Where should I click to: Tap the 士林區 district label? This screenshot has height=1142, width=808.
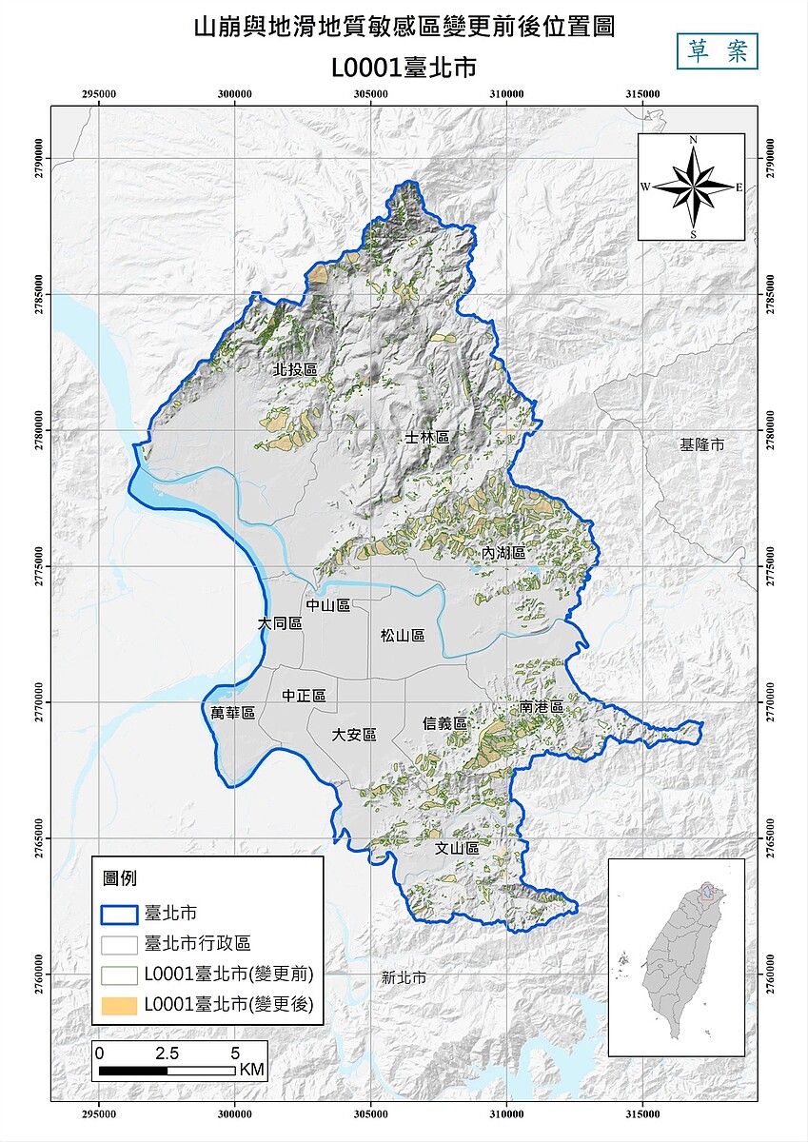pyautogui.click(x=426, y=437)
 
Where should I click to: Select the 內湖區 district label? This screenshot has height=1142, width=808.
pyautogui.click(x=503, y=553)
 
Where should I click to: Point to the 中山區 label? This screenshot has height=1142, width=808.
pyautogui.click(x=328, y=605)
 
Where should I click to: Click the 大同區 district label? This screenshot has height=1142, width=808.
pyautogui.click(x=280, y=623)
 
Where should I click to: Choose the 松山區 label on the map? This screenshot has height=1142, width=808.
pyautogui.click(x=402, y=635)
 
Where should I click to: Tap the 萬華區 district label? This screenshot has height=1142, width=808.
pyautogui.click(x=233, y=713)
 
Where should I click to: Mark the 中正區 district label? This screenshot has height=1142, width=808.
pyautogui.click(x=304, y=697)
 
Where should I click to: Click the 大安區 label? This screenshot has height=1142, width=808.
pyautogui.click(x=354, y=735)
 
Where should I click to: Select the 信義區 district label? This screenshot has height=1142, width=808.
pyautogui.click(x=445, y=723)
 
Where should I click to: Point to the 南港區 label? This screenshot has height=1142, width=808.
pyautogui.click(x=542, y=708)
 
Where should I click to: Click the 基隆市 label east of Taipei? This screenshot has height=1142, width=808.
pyautogui.click(x=702, y=444)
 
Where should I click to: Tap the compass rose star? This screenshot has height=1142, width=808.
pyautogui.click(x=693, y=187)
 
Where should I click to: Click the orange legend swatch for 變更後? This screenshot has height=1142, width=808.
pyautogui.click(x=120, y=1004)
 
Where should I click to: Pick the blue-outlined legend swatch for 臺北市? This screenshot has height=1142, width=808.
pyautogui.click(x=120, y=913)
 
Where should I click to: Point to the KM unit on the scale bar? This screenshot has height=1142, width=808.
pyautogui.click(x=252, y=1070)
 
